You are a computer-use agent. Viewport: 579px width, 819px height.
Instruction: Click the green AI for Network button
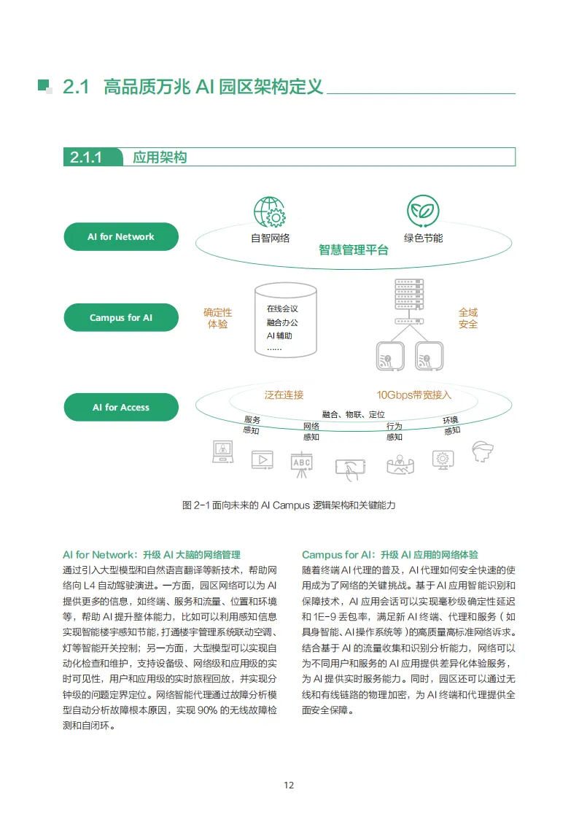[121, 237]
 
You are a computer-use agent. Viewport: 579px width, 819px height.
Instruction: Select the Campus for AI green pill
[121, 318]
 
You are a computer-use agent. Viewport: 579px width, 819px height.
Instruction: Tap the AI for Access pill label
[121, 408]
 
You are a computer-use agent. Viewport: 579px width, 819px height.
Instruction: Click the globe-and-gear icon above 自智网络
[270, 211]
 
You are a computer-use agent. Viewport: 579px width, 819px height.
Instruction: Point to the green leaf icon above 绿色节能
[423, 211]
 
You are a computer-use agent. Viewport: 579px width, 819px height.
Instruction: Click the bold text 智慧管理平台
[354, 250]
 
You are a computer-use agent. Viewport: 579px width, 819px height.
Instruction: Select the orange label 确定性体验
[217, 318]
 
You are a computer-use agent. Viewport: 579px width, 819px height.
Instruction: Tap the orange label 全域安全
[468, 318]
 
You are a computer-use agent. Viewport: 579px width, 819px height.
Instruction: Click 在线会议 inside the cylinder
[282, 308]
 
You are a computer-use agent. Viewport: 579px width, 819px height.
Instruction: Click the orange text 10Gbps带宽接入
[414, 395]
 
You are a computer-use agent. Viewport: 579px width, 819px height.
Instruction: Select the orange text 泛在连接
[284, 395]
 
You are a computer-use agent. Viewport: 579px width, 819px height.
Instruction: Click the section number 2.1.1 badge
[85, 158]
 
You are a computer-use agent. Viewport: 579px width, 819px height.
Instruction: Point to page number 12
[289, 785]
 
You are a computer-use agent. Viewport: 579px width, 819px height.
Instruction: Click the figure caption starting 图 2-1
[289, 505]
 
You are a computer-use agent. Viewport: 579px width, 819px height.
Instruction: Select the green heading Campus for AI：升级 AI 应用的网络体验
[390, 555]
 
